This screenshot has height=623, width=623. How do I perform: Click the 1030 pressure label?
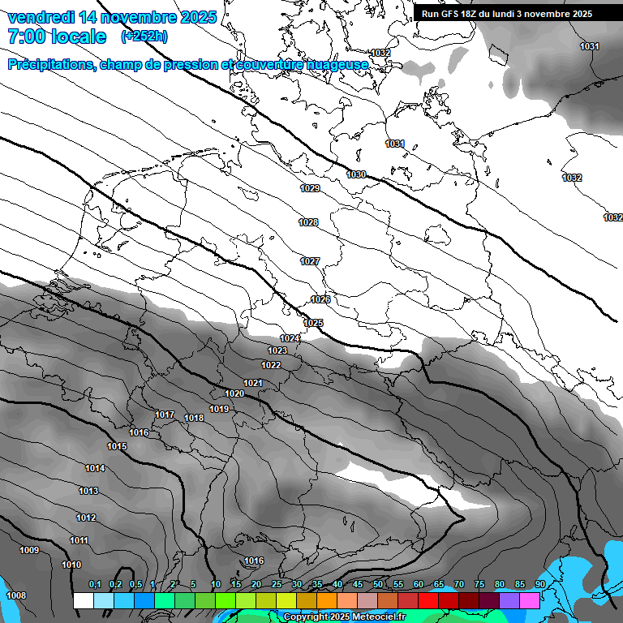[356, 174]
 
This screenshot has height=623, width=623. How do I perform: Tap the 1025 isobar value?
[314, 323]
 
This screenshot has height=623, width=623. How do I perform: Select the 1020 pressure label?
[234, 393]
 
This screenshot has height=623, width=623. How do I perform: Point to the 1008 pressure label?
[16, 595]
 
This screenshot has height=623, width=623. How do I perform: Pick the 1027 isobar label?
[310, 261]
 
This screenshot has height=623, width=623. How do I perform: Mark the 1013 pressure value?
[88, 492]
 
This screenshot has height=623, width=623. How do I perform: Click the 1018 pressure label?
[194, 419]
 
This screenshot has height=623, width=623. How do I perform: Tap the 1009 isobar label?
[29, 551]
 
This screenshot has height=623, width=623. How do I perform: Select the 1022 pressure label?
[271, 366]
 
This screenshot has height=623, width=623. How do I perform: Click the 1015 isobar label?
[117, 447]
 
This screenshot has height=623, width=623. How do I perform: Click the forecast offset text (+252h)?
[144, 36]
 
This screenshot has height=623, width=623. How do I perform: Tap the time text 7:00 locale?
[57, 37]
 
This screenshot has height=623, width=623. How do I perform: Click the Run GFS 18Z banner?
[507, 14]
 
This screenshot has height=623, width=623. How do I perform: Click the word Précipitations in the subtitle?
[48, 65]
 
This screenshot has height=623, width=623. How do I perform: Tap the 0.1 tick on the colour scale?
[95, 585]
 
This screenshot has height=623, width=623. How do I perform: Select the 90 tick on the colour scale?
[539, 585]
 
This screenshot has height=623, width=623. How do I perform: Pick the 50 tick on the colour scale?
[378, 585]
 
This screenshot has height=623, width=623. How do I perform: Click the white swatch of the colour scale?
[83, 600]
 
